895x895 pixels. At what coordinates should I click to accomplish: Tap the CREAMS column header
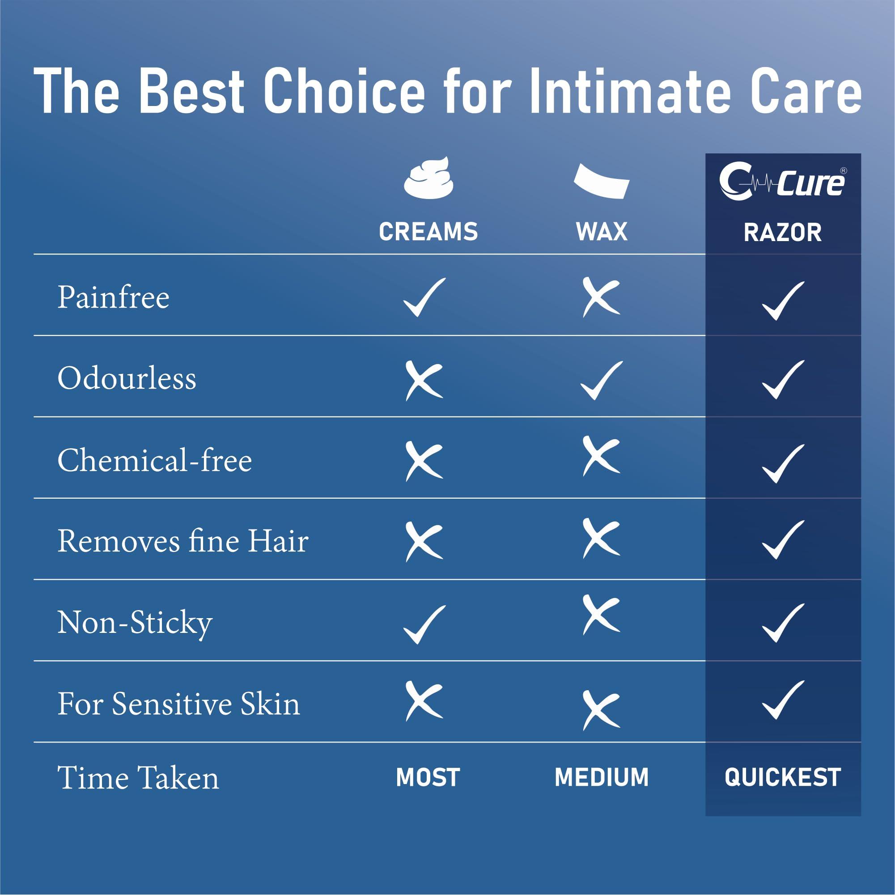[428, 232]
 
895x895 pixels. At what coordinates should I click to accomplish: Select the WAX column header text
[602, 232]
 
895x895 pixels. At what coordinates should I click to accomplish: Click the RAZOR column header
[782, 233]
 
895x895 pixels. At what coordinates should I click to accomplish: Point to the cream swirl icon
[428, 179]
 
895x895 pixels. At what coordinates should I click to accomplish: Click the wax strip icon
[602, 182]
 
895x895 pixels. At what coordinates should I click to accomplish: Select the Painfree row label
[114, 297]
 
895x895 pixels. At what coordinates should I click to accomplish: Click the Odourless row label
[127, 378]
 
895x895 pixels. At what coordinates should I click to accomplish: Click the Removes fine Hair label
[183, 541]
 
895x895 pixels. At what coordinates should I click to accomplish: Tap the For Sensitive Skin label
[179, 704]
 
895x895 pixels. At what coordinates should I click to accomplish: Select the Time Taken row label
[138, 778]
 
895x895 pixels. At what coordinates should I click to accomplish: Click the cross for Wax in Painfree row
[601, 297]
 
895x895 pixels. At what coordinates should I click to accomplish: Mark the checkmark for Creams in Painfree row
[424, 298]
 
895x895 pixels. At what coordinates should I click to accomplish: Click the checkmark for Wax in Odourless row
[601, 380]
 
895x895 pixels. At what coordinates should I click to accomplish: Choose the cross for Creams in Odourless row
[424, 380]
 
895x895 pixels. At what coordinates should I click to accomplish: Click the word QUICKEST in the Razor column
[782, 778]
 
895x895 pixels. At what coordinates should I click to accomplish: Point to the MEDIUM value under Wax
[602, 778]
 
